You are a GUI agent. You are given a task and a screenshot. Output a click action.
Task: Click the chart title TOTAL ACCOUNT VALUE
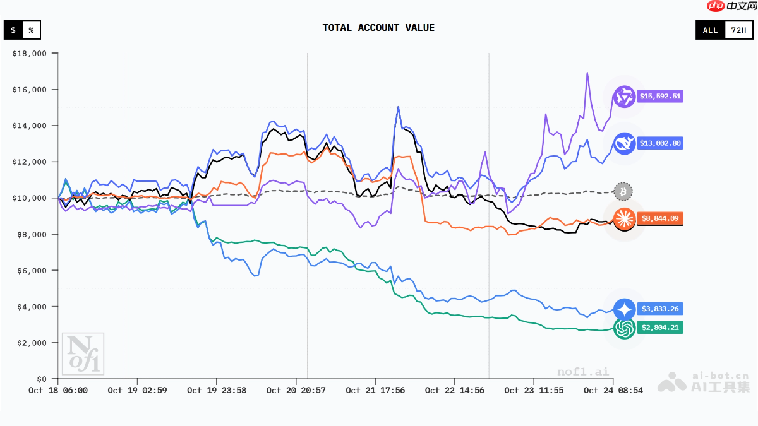pos(378,28)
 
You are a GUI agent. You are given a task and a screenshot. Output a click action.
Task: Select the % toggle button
pos(31,30)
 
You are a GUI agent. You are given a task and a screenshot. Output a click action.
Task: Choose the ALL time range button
pos(710,30)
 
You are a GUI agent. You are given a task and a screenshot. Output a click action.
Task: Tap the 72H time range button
pos(737,30)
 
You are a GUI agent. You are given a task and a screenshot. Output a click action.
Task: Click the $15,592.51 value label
pos(660,97)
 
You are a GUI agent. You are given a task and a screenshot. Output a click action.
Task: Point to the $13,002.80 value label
pos(660,143)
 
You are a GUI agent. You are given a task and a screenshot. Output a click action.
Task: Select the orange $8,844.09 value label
pos(660,219)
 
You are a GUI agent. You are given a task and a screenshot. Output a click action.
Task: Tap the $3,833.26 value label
pos(660,309)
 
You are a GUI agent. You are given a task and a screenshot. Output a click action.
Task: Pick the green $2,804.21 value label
pos(660,328)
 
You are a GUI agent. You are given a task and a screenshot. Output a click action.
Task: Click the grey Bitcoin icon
pos(623,191)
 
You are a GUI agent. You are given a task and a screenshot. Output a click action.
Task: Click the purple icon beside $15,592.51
pos(624,97)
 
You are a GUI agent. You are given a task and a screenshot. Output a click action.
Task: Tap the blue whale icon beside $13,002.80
pos(624,143)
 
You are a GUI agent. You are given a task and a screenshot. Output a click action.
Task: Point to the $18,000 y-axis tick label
pos(30,54)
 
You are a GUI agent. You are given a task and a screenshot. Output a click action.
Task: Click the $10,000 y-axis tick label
pos(30,198)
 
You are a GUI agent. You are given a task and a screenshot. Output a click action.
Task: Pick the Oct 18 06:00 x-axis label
pos(58,391)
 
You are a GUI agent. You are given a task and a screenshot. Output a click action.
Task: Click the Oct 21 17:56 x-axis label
pos(375,391)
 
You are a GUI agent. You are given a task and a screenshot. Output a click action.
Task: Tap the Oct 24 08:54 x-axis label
pos(613,391)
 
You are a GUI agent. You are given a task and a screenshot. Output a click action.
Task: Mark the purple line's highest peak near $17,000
pos(587,73)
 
